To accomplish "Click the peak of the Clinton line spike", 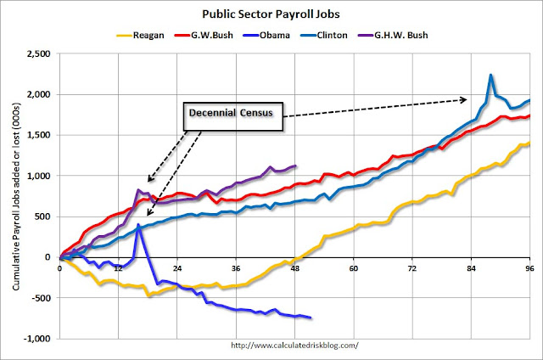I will [490, 75].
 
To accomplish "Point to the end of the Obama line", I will [311, 318].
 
